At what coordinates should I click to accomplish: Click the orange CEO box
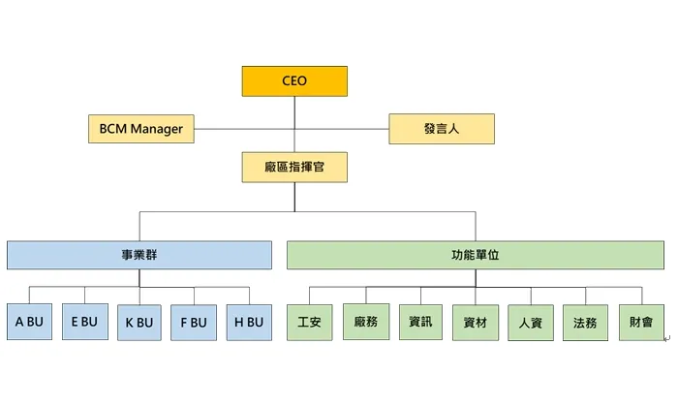(x=294, y=81)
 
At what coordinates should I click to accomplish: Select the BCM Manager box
(x=141, y=129)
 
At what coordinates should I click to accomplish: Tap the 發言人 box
(x=442, y=129)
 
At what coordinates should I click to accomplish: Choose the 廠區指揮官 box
(x=294, y=168)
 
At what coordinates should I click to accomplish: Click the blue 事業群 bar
(x=139, y=255)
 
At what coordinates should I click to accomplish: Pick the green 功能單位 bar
(x=475, y=255)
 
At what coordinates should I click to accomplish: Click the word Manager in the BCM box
(x=156, y=129)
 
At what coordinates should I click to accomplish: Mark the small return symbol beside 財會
(x=666, y=338)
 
